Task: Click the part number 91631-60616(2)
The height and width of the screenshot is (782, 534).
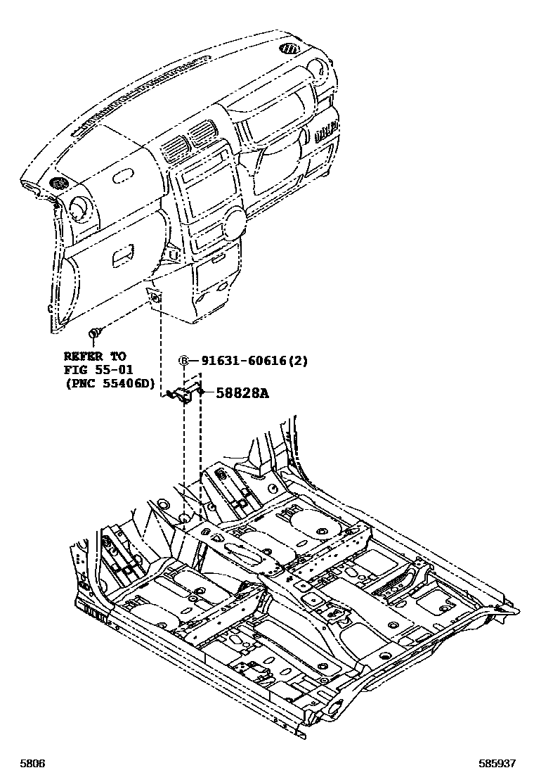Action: pos(254,361)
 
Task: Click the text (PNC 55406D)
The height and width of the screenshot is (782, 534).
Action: pos(109,383)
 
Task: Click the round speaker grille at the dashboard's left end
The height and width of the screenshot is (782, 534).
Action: pos(56,184)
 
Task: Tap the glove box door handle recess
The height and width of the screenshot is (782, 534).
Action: pos(124,254)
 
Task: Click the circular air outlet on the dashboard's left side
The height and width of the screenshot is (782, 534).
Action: pos(78,208)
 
